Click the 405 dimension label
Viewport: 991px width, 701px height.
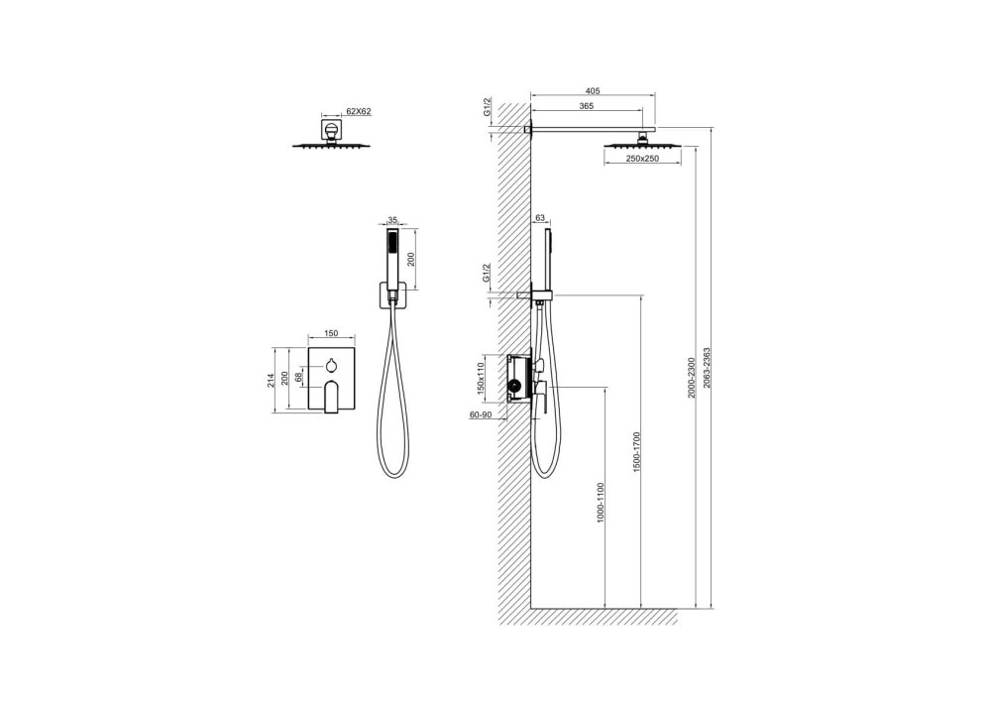593,91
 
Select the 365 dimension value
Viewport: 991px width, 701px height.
586,106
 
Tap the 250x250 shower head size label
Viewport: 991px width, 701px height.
642,159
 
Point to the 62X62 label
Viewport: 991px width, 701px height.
359,111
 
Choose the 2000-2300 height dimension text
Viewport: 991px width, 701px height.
692,378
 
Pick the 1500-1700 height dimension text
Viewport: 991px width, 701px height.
637,452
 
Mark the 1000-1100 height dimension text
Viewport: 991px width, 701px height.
601,503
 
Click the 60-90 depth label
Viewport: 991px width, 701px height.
481,414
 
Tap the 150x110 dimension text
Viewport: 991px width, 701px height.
481,378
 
